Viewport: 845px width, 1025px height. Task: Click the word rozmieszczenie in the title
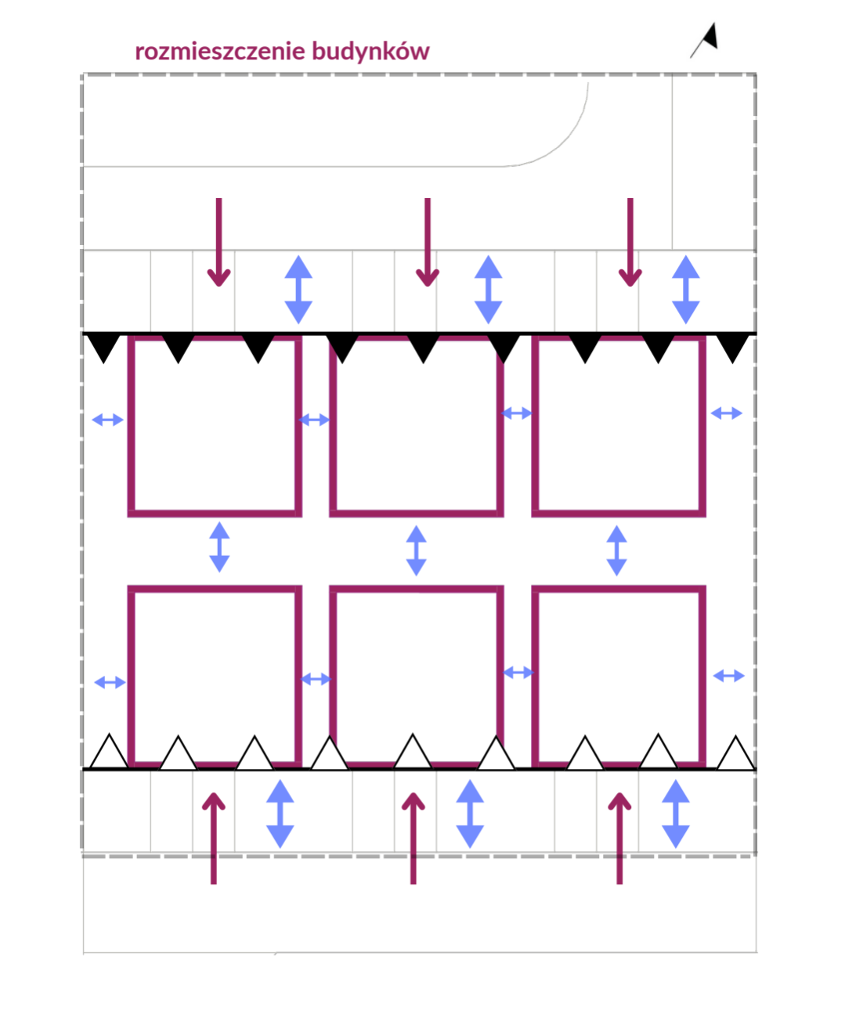pyautogui.click(x=221, y=52)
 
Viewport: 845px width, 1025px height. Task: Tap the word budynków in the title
pyautogui.click(x=370, y=52)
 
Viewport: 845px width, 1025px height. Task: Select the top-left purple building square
pyautogui.click(x=215, y=426)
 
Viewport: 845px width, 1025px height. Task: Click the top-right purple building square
pyautogui.click(x=619, y=426)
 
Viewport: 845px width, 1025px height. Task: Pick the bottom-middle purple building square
pyautogui.click(x=417, y=675)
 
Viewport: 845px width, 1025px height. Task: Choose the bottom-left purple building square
pyautogui.click(x=215, y=675)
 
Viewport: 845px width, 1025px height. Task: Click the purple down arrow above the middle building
pyautogui.click(x=427, y=243)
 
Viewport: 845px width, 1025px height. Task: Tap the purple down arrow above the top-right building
pyautogui.click(x=630, y=243)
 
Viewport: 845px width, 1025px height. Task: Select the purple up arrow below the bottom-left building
pyautogui.click(x=214, y=838)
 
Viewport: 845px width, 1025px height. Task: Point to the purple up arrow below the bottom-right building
pyautogui.click(x=619, y=838)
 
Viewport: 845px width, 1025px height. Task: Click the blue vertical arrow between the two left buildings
pyautogui.click(x=219, y=547)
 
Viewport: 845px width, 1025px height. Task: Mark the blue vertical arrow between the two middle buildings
pyautogui.click(x=417, y=550)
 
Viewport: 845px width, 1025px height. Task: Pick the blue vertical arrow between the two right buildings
pyautogui.click(x=617, y=550)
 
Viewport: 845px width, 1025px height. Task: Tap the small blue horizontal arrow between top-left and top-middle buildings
pyautogui.click(x=315, y=420)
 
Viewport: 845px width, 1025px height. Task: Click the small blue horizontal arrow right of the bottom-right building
pyautogui.click(x=728, y=675)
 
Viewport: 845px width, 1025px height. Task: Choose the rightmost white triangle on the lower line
pyautogui.click(x=735, y=753)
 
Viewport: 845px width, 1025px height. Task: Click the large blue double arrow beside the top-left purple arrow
pyautogui.click(x=298, y=289)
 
